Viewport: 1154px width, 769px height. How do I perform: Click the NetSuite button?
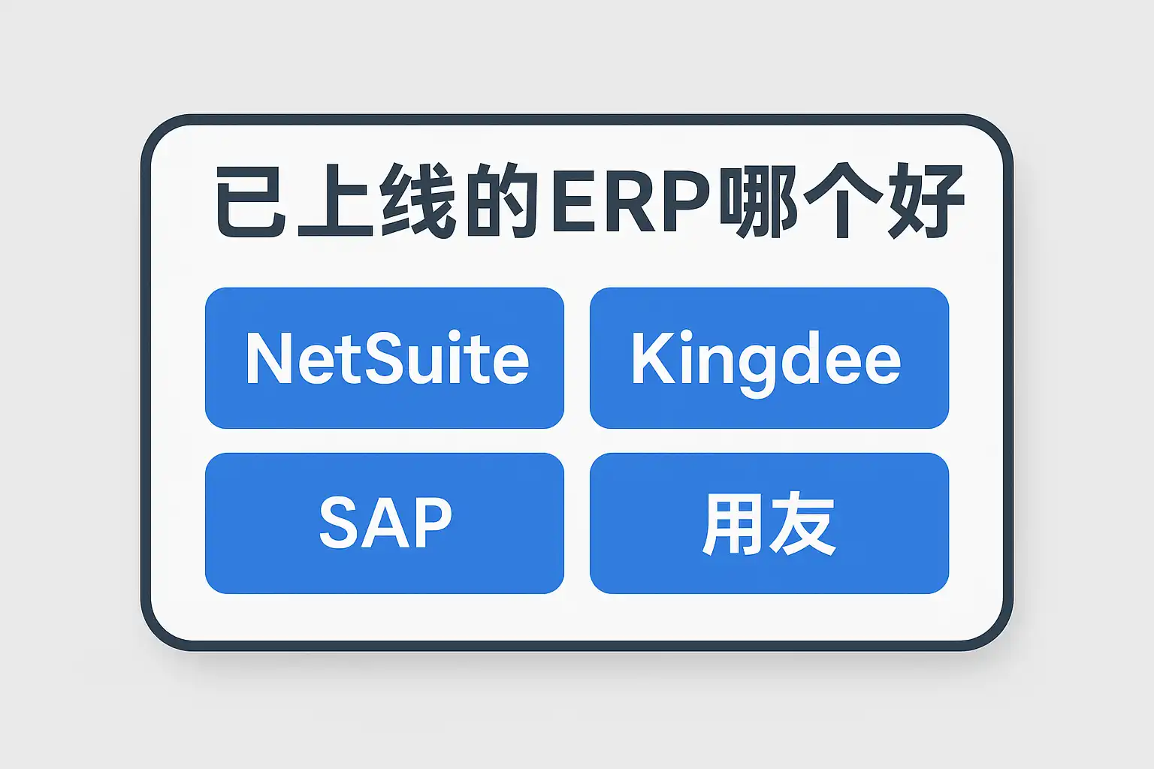click(384, 357)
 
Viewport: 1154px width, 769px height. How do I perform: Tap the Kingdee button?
click(769, 357)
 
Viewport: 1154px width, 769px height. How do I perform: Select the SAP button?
click(384, 523)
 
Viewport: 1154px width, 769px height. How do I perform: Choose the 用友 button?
click(769, 523)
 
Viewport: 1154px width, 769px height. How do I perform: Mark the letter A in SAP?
click(385, 523)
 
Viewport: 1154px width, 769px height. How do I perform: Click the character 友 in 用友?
click(803, 524)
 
